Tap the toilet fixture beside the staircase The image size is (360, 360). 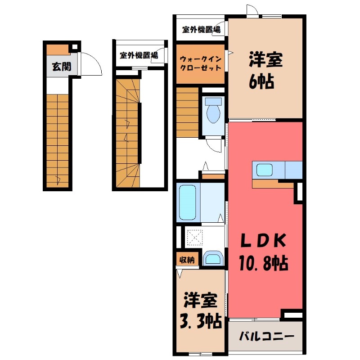(x=213, y=111)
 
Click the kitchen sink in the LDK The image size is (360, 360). (x=265, y=170)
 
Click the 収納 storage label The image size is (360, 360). (x=187, y=260)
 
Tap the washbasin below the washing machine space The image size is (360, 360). (x=212, y=258)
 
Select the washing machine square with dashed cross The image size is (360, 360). (x=196, y=237)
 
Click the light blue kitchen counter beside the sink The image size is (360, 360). (x=293, y=170)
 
